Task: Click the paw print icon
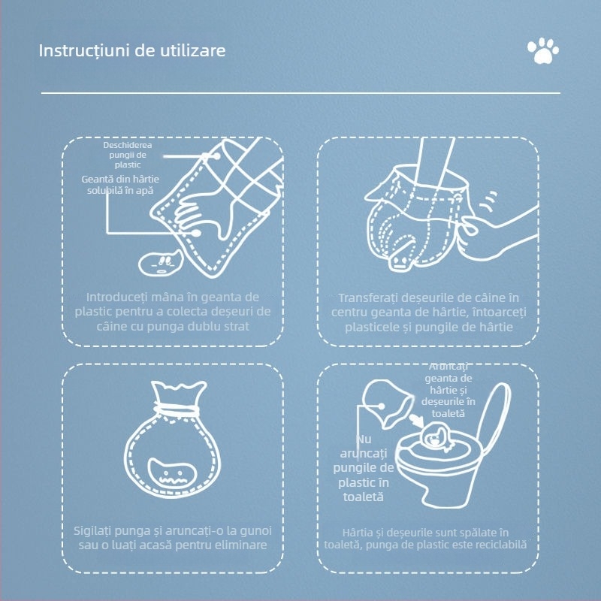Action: pyautogui.click(x=542, y=50)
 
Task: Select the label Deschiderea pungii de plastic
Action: pyautogui.click(x=128, y=155)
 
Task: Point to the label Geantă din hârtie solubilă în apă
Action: pyautogui.click(x=120, y=184)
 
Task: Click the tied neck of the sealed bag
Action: pyautogui.click(x=177, y=409)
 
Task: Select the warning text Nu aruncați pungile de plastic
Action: pyautogui.click(x=364, y=468)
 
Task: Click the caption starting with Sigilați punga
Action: pyautogui.click(x=173, y=538)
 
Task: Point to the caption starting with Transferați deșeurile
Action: pyautogui.click(x=428, y=312)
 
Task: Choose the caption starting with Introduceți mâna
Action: pyautogui.click(x=173, y=311)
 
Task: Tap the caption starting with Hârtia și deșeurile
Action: pyautogui.click(x=425, y=539)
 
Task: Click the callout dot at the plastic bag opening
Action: pyautogui.click(x=217, y=156)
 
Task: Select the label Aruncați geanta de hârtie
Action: pyautogui.click(x=448, y=390)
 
